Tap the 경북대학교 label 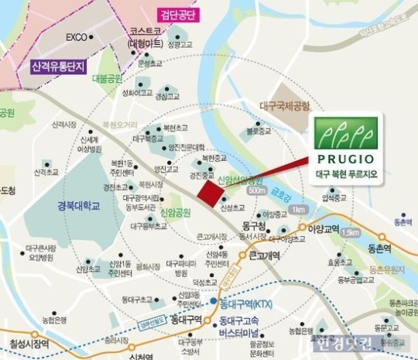[79, 206]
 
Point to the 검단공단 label [177, 15]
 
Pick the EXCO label [75, 36]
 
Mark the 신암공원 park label [174, 211]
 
